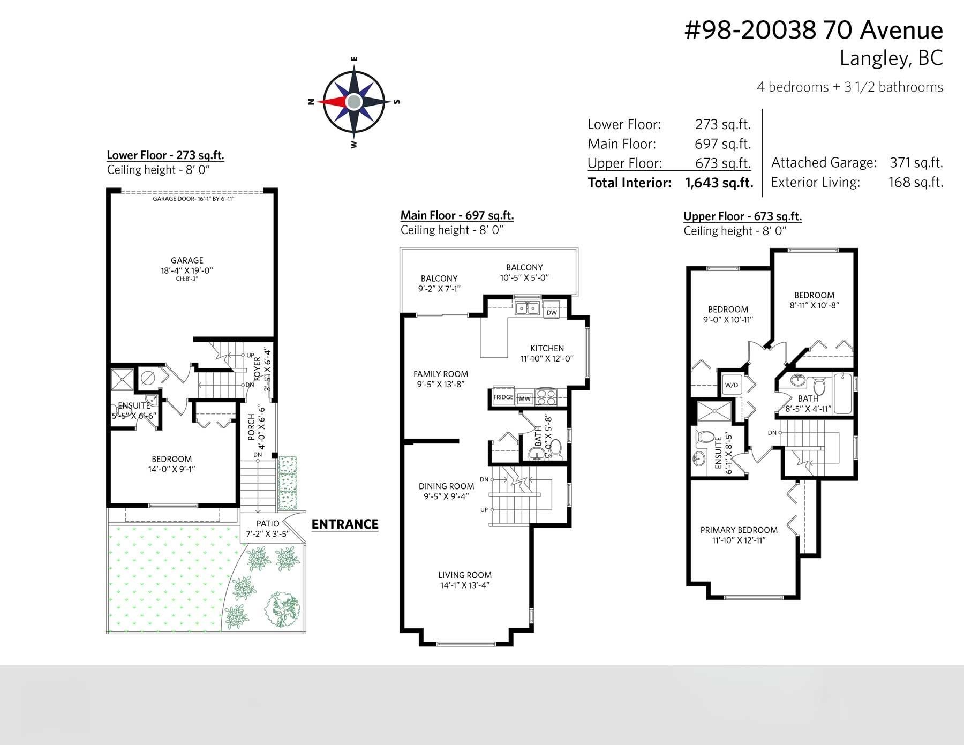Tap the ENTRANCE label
click(x=345, y=524)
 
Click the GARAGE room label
click(x=187, y=260)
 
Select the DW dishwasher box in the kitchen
click(x=552, y=312)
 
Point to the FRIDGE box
click(x=503, y=397)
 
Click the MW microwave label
click(x=525, y=399)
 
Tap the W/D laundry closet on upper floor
click(x=731, y=385)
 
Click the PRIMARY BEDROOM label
click(x=739, y=530)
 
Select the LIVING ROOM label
click(x=465, y=575)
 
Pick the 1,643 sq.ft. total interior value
click(x=719, y=183)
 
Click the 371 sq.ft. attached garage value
click(x=916, y=162)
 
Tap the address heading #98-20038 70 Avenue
click(x=814, y=30)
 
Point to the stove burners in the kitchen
click(x=546, y=397)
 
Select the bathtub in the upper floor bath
click(x=842, y=394)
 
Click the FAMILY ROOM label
click(x=441, y=374)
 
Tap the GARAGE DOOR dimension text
click(x=193, y=199)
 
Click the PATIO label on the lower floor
click(x=268, y=523)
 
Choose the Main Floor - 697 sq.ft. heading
click(x=457, y=215)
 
